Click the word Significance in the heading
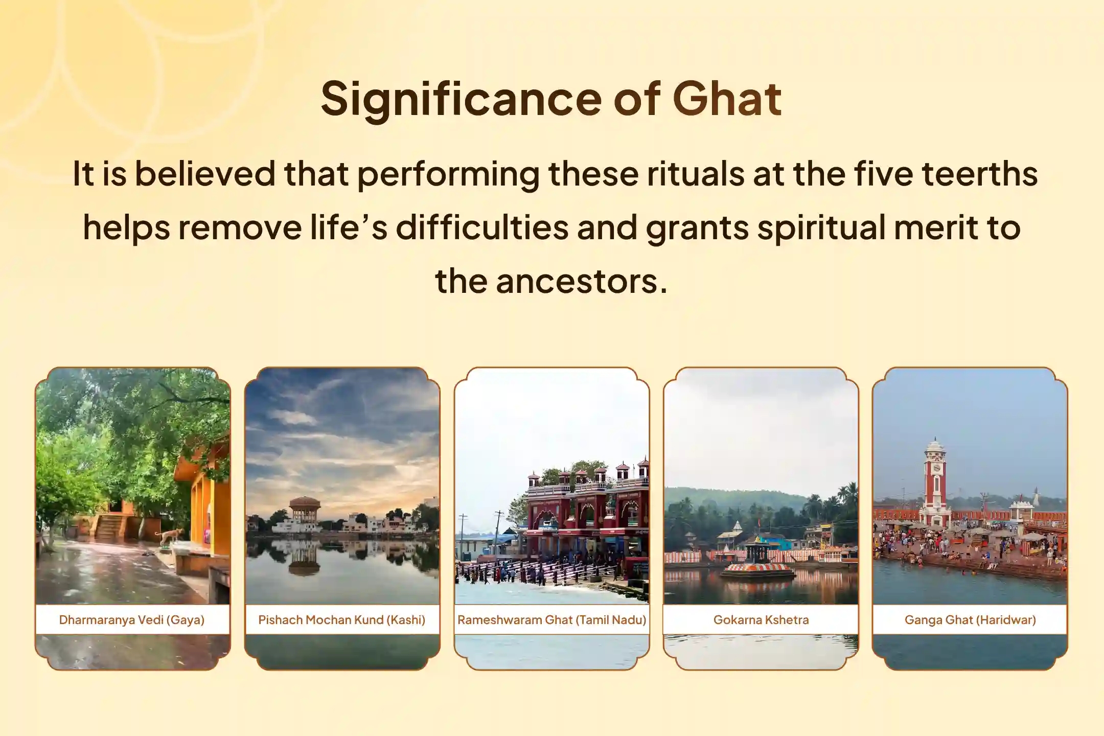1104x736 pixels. click(x=461, y=99)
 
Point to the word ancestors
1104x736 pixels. click(x=582, y=281)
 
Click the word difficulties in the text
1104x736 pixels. click(x=482, y=227)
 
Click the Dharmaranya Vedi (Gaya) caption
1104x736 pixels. click(x=132, y=620)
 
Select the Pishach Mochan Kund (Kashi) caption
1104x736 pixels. click(x=342, y=620)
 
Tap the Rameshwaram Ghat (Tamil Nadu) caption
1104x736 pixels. click(x=552, y=620)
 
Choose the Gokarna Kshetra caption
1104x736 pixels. click(x=761, y=620)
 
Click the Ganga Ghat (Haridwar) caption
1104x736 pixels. click(x=970, y=620)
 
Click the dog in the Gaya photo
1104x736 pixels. click(x=170, y=536)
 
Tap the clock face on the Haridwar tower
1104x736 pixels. click(x=936, y=468)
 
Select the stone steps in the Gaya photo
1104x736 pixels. click(x=108, y=526)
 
